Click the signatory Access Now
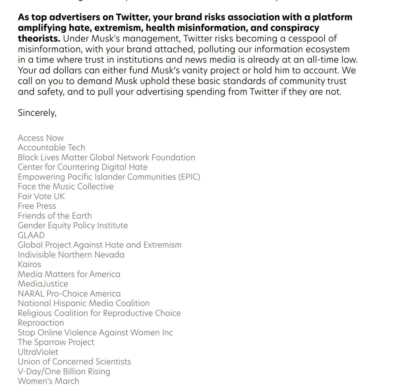41,138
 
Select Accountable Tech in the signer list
51,147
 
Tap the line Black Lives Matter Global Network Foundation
106,157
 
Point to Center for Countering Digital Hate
83,167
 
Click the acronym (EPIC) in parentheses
189,177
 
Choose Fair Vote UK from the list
41,196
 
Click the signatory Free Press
37,206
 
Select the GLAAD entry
31,235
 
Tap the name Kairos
29,264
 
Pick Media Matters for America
69,274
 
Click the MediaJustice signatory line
43,284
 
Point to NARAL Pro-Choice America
69,293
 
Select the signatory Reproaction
41,323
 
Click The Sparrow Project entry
56,342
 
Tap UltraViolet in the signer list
38,352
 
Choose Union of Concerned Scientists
74,361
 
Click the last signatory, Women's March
48,381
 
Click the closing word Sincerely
37,113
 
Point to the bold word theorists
39,38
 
